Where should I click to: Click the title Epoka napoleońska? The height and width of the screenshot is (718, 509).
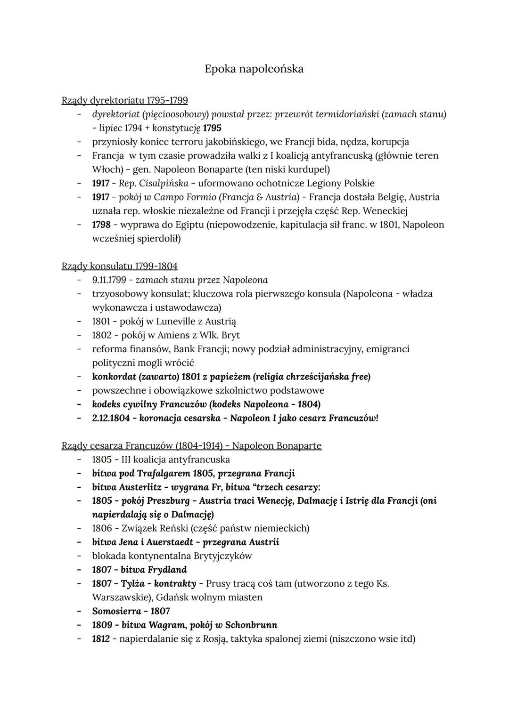pyautogui.click(x=254, y=69)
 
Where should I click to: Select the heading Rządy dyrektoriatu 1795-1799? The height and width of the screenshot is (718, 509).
pyautogui.click(x=124, y=100)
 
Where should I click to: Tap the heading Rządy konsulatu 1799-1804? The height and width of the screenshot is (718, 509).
pyautogui.click(x=119, y=266)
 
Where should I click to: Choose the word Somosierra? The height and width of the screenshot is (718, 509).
pyautogui.click(x=116, y=611)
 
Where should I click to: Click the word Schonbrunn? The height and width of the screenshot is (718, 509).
pyautogui.click(x=251, y=625)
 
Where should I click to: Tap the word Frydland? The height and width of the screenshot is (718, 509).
pyautogui.click(x=167, y=570)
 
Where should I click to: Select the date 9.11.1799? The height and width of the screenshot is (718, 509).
pyautogui.click(x=109, y=280)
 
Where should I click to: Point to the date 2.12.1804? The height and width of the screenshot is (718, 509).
pyautogui.click(x=111, y=418)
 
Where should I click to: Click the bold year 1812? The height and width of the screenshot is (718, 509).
pyautogui.click(x=101, y=639)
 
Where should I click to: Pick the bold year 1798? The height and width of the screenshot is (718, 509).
pyautogui.click(x=101, y=225)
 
